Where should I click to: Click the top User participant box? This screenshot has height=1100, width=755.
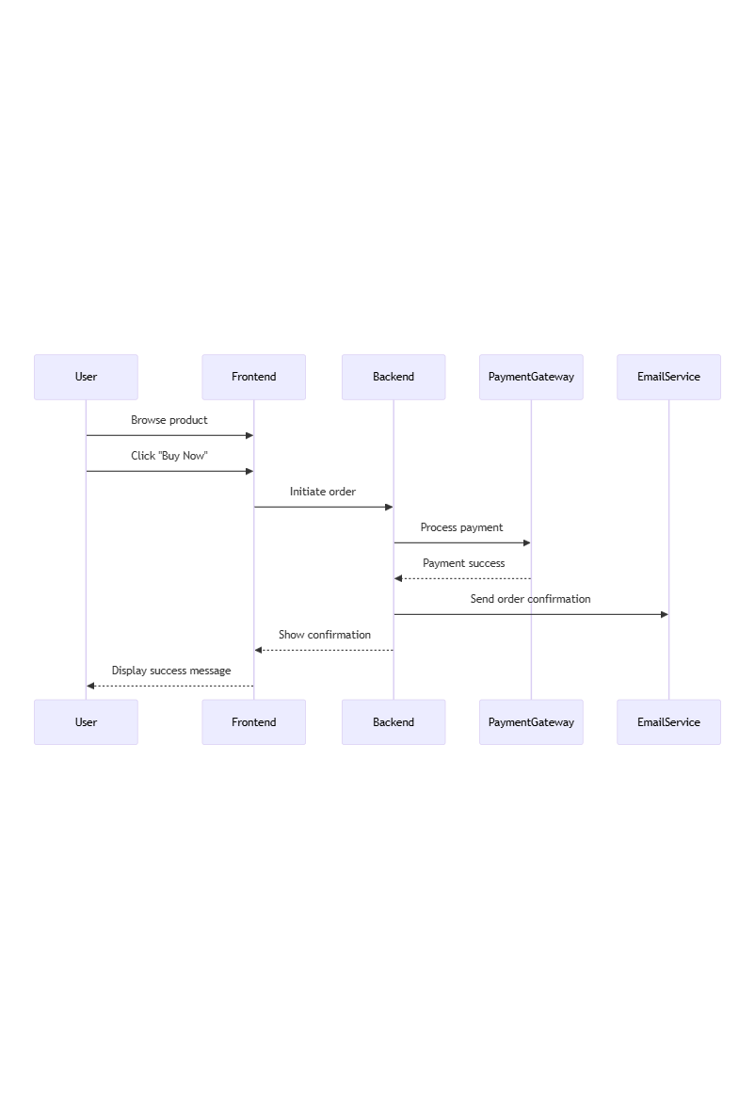point(86,377)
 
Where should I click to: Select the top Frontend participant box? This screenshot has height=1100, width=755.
point(253,377)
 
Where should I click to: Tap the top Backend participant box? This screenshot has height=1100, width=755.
point(394,377)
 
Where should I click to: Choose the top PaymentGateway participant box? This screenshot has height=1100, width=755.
point(531,377)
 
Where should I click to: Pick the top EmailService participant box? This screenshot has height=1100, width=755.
point(668,377)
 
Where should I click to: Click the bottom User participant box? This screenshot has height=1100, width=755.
point(86,722)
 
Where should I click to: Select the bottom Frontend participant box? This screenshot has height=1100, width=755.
point(253,722)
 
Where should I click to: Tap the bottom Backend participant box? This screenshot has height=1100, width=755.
point(394,722)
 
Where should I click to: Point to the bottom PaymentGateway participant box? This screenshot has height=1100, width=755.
point(531,722)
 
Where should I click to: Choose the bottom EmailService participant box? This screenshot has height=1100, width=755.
point(668,722)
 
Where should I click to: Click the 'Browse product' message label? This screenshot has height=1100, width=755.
point(169,420)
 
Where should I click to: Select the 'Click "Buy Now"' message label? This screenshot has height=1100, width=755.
point(169,456)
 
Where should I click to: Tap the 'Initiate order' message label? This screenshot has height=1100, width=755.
point(323,492)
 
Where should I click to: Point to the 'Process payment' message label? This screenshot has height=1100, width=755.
point(461,527)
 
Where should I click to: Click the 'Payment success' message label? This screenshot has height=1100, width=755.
point(463,563)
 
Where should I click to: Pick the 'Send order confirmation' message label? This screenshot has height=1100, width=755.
point(531,599)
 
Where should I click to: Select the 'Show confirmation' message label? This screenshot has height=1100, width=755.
point(325,635)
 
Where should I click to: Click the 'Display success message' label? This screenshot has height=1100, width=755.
point(171,671)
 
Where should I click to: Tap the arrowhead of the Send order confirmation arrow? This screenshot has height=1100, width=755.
point(664,614)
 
